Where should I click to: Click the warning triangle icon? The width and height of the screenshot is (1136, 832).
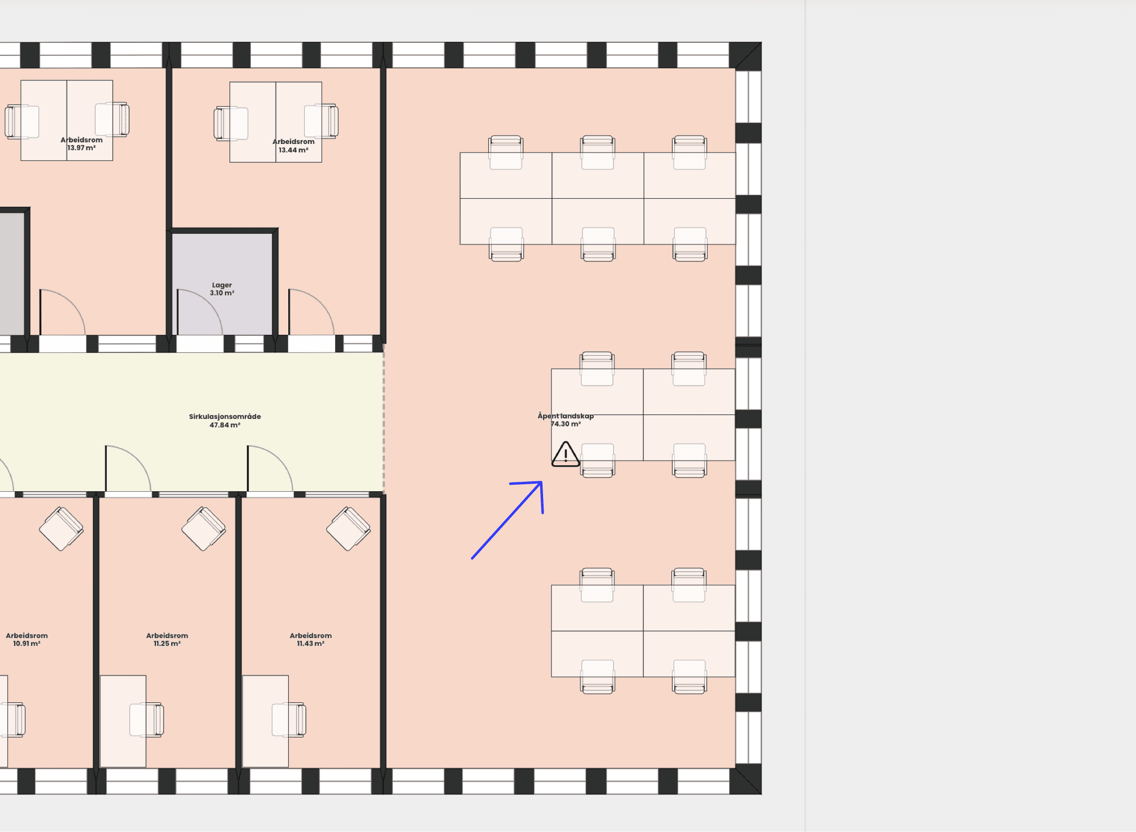[x=566, y=454]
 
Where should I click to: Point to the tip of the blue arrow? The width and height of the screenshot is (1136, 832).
[x=542, y=482]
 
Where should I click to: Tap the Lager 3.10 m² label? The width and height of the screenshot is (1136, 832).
[x=222, y=288]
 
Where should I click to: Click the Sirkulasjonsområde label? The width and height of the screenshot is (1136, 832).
[x=225, y=416]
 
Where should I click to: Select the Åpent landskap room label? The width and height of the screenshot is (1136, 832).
[x=566, y=419]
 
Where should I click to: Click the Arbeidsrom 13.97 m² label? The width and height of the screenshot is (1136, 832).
[x=82, y=143]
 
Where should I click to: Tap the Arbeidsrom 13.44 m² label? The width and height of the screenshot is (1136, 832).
[x=293, y=145]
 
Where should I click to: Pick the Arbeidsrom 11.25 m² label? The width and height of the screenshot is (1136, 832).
[x=167, y=639]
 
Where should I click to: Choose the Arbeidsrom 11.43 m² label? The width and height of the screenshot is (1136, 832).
[x=311, y=639]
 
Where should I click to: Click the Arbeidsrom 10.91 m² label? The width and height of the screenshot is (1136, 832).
[x=27, y=639]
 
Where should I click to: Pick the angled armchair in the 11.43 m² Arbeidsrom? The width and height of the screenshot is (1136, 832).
[x=348, y=528]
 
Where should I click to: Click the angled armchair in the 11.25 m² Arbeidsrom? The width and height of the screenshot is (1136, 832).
[x=203, y=528]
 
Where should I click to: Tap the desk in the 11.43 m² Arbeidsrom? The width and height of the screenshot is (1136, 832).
[x=266, y=721]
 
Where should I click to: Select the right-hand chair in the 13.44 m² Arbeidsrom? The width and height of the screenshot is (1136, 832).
[x=321, y=121]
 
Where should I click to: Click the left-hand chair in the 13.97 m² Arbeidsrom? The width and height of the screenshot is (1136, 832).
[x=21, y=122]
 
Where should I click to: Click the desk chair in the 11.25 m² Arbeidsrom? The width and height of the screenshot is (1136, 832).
[x=147, y=720]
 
